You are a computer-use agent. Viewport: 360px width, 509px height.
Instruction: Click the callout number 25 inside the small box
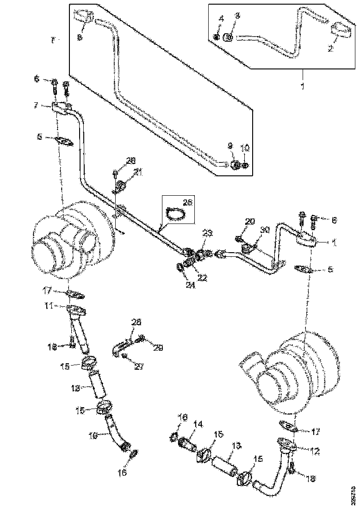pos(187,203)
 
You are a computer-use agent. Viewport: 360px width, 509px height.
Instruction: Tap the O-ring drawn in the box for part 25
pos(175,213)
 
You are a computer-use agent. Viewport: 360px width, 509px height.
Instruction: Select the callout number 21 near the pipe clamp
pos(138,173)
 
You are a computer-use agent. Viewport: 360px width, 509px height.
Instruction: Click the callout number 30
pos(264,230)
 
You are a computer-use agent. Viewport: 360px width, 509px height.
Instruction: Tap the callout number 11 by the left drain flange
pos(61,306)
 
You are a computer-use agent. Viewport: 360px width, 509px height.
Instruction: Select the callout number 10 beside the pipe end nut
pos(245,149)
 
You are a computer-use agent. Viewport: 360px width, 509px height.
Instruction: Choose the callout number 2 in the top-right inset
pos(330,48)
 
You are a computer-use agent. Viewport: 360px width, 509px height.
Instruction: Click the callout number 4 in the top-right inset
pos(221,19)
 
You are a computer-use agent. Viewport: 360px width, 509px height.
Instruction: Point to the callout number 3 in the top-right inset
pos(238,16)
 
